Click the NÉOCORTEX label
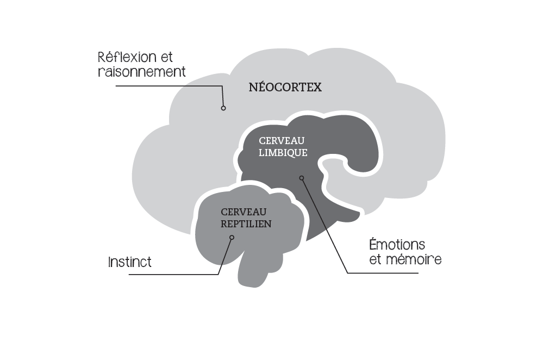click(285, 87)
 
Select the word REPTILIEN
click(246, 223)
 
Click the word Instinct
click(130, 262)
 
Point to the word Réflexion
click(127, 57)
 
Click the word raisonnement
click(142, 71)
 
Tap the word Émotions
click(397, 244)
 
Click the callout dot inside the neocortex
click(223, 108)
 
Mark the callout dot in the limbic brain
click(302, 178)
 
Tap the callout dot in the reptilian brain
click(232, 237)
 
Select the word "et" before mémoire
click(376, 259)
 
